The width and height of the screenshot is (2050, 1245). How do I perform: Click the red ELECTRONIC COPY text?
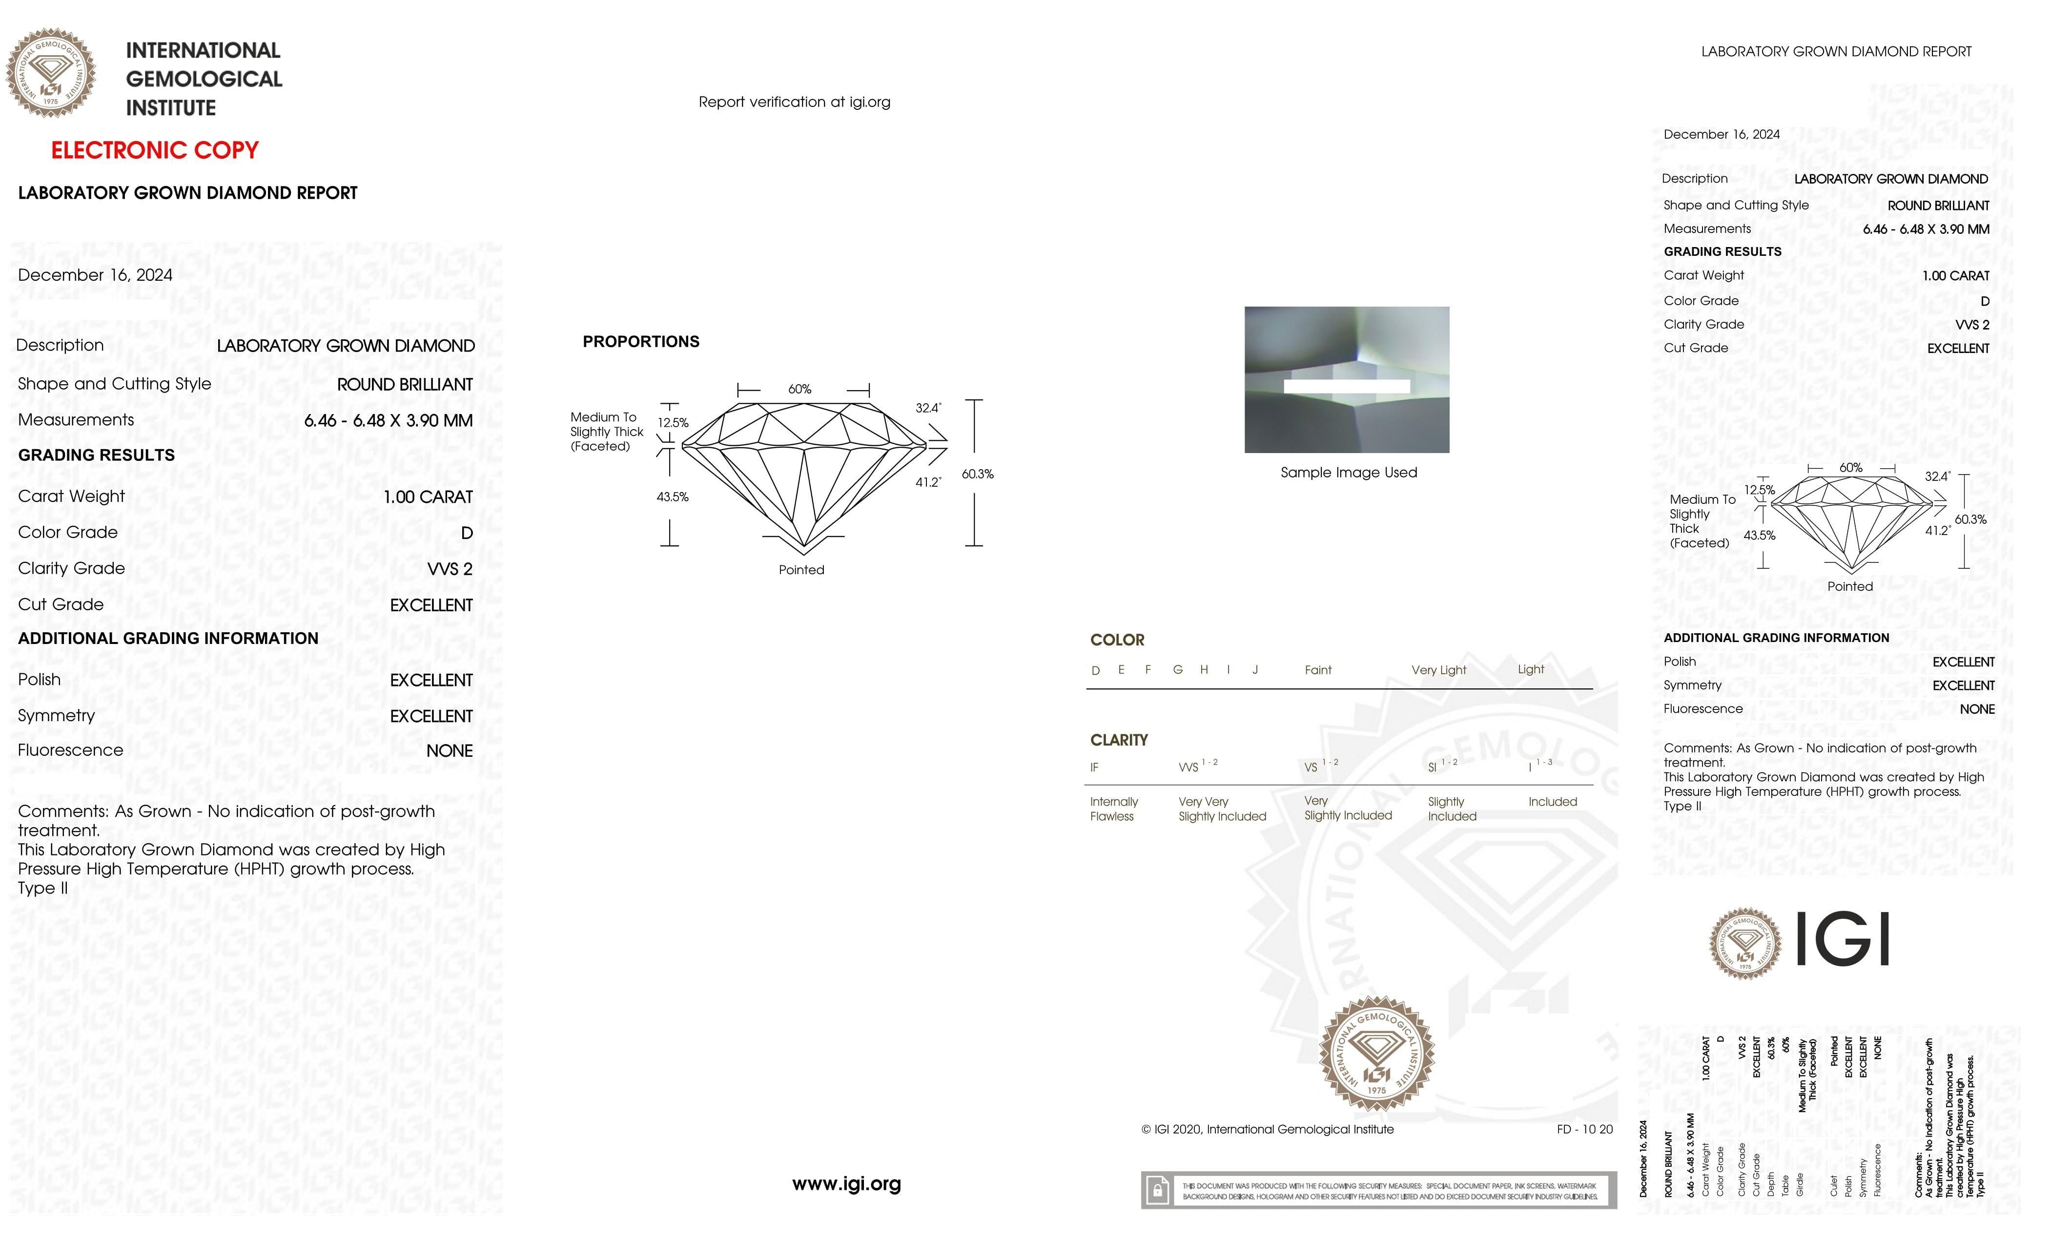click(155, 151)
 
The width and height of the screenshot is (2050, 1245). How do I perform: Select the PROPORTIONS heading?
click(640, 342)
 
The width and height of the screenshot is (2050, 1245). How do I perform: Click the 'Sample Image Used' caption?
click(1348, 473)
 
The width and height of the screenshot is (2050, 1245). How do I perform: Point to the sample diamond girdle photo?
click(1346, 379)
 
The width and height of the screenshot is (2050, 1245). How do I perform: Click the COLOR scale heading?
click(1117, 640)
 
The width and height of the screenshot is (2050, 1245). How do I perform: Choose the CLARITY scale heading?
click(1118, 740)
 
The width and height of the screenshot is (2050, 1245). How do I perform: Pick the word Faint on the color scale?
click(1318, 670)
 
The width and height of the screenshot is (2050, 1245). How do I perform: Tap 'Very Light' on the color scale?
click(1438, 670)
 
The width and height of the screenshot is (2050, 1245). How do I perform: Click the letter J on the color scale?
click(1254, 670)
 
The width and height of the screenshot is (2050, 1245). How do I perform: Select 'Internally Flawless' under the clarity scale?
click(1113, 809)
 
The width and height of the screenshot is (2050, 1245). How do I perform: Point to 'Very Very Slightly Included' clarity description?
click(1221, 809)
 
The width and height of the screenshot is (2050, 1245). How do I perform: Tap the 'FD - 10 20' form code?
click(1584, 1129)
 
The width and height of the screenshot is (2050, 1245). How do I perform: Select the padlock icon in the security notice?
click(1156, 1191)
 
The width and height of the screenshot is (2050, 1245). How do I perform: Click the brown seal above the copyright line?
click(1377, 1054)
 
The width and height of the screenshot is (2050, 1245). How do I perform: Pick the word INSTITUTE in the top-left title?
click(170, 108)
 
